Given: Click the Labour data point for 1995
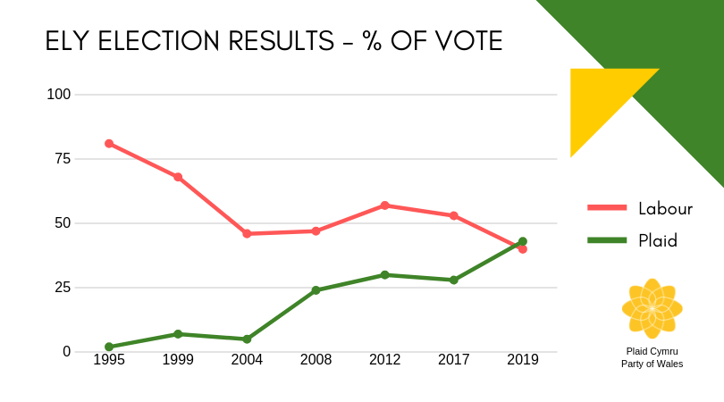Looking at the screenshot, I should click(108, 143).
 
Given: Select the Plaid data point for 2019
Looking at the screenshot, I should click(523, 241).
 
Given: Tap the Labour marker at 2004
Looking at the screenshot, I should click(247, 233).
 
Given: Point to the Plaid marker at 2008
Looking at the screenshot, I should click(316, 290).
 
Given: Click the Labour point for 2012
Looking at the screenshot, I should click(385, 205).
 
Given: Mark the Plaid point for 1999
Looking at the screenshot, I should click(178, 334).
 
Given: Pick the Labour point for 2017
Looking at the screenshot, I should click(454, 215).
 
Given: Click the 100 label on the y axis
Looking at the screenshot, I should click(59, 95).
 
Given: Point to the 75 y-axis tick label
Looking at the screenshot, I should click(63, 159).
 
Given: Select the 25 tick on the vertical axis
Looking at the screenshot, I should click(63, 288).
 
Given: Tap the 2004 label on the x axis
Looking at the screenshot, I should click(247, 360).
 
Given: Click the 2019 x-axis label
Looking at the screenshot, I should click(523, 360).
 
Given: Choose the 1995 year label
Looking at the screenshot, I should click(108, 360).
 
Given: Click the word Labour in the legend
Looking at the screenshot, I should click(665, 208).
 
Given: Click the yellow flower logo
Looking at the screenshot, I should click(652, 309).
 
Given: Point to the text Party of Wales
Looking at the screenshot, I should click(652, 364).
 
